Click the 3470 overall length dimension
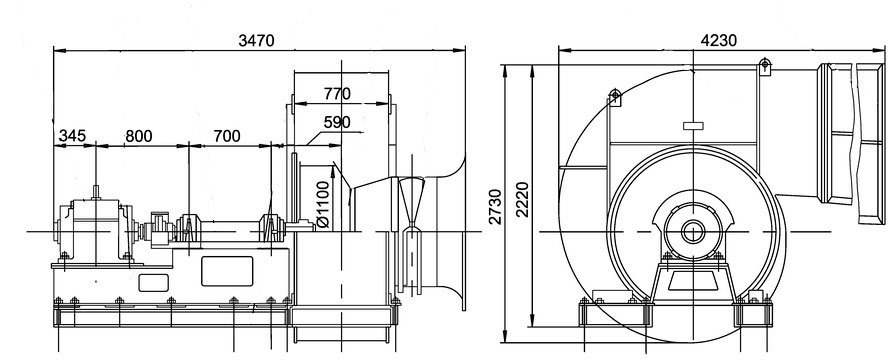pos(256,41)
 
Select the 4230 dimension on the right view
pos(719,41)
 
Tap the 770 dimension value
pos(337,94)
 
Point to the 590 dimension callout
pos(337,123)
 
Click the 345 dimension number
pos(72,136)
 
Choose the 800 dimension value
pos(139,136)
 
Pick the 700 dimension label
pos(227,136)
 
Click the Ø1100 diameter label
pos(322,204)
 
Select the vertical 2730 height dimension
pos(495,207)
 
